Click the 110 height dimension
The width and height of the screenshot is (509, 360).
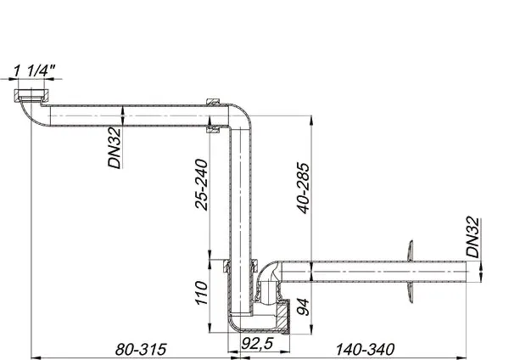tap(201, 294)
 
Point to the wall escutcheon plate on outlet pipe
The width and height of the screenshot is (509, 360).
tap(410, 271)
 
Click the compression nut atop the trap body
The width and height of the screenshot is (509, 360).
tap(227, 264)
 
